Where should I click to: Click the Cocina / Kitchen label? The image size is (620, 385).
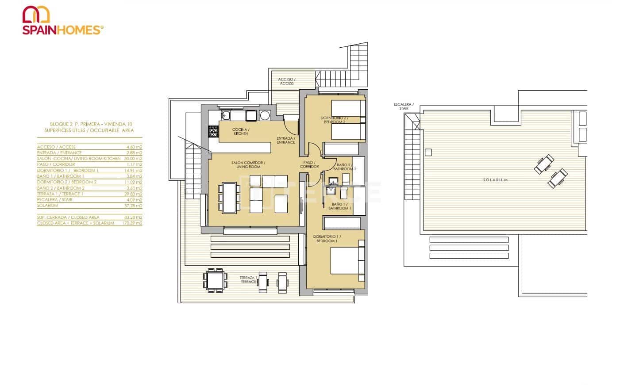(241, 131)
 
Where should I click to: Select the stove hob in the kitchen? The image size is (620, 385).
(213, 131)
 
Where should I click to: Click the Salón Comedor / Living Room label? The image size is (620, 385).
(248, 164)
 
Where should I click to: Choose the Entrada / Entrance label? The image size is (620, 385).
(286, 140)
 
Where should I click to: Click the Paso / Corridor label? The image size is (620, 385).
(309, 164)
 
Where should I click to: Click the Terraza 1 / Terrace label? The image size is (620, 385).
(249, 280)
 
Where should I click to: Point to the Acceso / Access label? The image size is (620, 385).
(287, 81)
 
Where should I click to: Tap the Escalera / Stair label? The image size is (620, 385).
(404, 106)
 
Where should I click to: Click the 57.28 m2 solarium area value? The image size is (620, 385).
(134, 206)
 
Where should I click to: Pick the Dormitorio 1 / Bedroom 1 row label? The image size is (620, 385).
(68, 170)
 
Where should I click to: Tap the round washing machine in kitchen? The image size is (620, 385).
(265, 115)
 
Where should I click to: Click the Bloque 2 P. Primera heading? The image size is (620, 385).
(91, 124)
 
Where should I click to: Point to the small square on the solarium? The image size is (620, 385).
(427, 152)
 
